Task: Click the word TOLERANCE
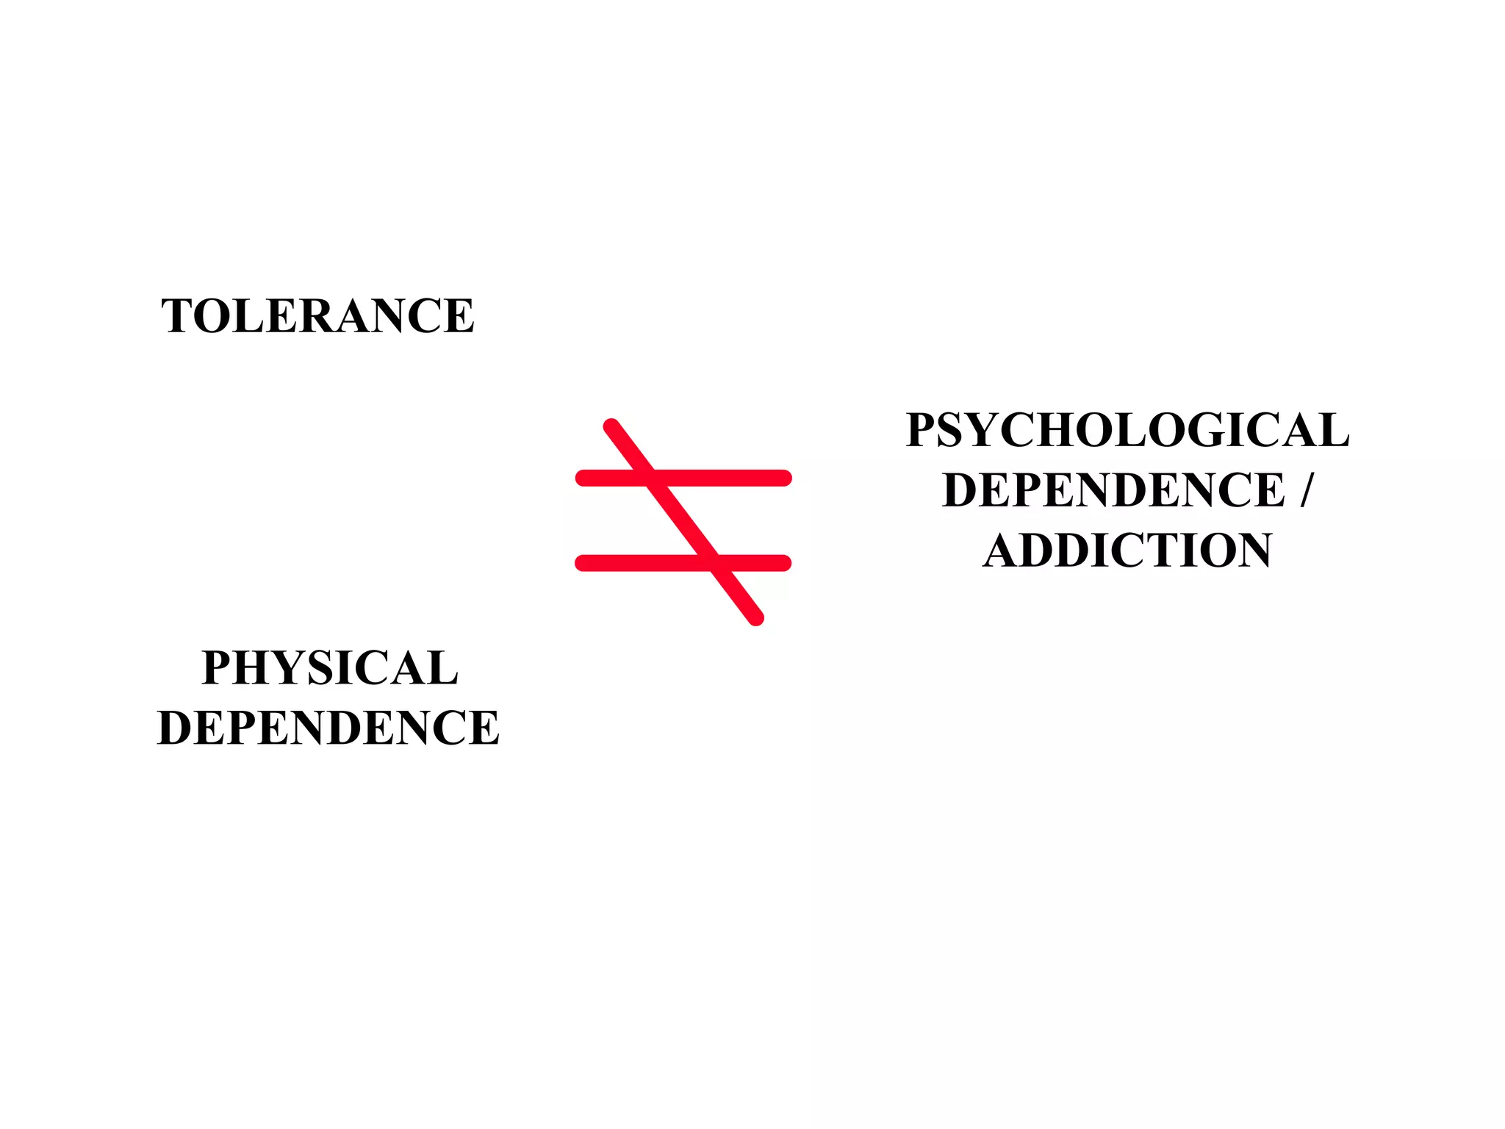(x=317, y=316)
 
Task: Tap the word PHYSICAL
(x=330, y=668)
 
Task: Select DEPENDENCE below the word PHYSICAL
(x=328, y=728)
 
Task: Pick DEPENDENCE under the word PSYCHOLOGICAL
(x=1113, y=490)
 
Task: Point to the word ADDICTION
(x=1127, y=551)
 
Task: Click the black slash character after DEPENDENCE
(x=1305, y=490)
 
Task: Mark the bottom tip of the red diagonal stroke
(x=756, y=618)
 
